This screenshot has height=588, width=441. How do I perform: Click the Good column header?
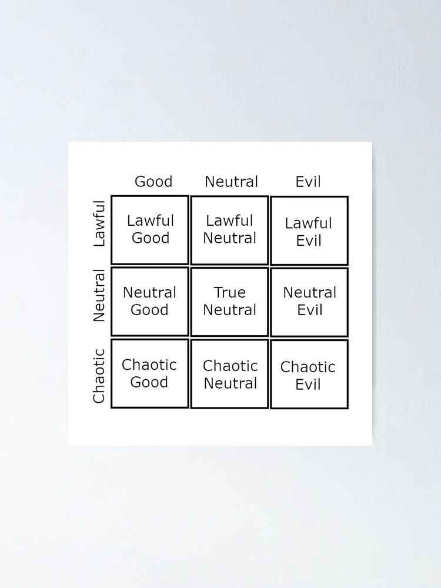click(153, 182)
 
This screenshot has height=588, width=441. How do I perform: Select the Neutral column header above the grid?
click(231, 182)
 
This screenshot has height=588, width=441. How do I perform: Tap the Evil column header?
click(308, 182)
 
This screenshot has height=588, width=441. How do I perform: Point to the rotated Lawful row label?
click(99, 223)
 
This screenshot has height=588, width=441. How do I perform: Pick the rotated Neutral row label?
click(99, 296)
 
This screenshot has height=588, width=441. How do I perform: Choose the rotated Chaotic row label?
click(99, 376)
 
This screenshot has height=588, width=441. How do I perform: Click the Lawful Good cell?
click(150, 230)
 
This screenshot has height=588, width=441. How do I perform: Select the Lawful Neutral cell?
click(229, 230)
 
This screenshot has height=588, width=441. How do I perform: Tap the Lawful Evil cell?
click(309, 230)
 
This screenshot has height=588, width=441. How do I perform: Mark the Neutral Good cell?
click(150, 302)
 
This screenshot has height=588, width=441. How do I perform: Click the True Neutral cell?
click(229, 302)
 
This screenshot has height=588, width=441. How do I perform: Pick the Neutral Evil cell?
click(309, 302)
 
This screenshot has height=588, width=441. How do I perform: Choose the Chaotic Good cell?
click(150, 373)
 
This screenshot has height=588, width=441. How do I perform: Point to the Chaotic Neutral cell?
click(229, 374)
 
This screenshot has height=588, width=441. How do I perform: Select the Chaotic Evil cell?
click(309, 374)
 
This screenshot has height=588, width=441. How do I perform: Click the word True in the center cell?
click(229, 292)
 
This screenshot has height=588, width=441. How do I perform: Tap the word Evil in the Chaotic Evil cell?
click(308, 385)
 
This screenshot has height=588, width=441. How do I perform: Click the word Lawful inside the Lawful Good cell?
click(151, 220)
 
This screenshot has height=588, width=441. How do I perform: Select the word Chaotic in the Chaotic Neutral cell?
click(230, 366)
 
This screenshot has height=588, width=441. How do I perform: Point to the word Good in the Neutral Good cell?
click(149, 310)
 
